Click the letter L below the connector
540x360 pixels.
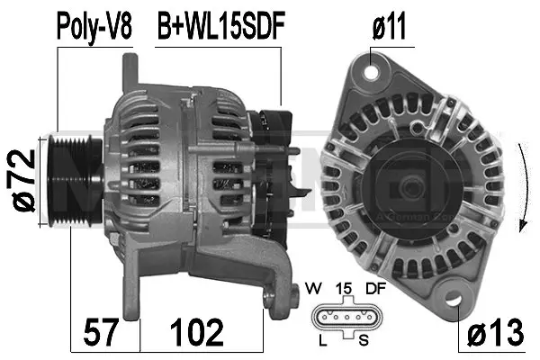pos(322,341)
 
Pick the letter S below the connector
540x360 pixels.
pos(363,341)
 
